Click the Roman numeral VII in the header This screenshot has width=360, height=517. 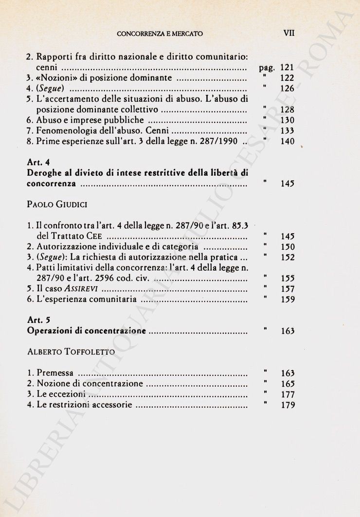click(x=288, y=34)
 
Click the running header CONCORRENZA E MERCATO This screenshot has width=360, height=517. click(x=160, y=34)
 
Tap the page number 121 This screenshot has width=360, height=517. click(x=287, y=68)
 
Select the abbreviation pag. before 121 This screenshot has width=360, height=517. click(x=267, y=68)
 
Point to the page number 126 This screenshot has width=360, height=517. click(x=287, y=89)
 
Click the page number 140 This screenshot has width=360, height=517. click(x=288, y=142)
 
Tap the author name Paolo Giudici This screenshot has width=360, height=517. click(x=57, y=205)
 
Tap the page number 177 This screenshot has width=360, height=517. click(x=288, y=395)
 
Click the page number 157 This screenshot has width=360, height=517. click(x=288, y=289)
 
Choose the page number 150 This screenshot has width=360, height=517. click(x=288, y=247)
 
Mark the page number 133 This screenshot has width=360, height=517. click(x=288, y=131)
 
